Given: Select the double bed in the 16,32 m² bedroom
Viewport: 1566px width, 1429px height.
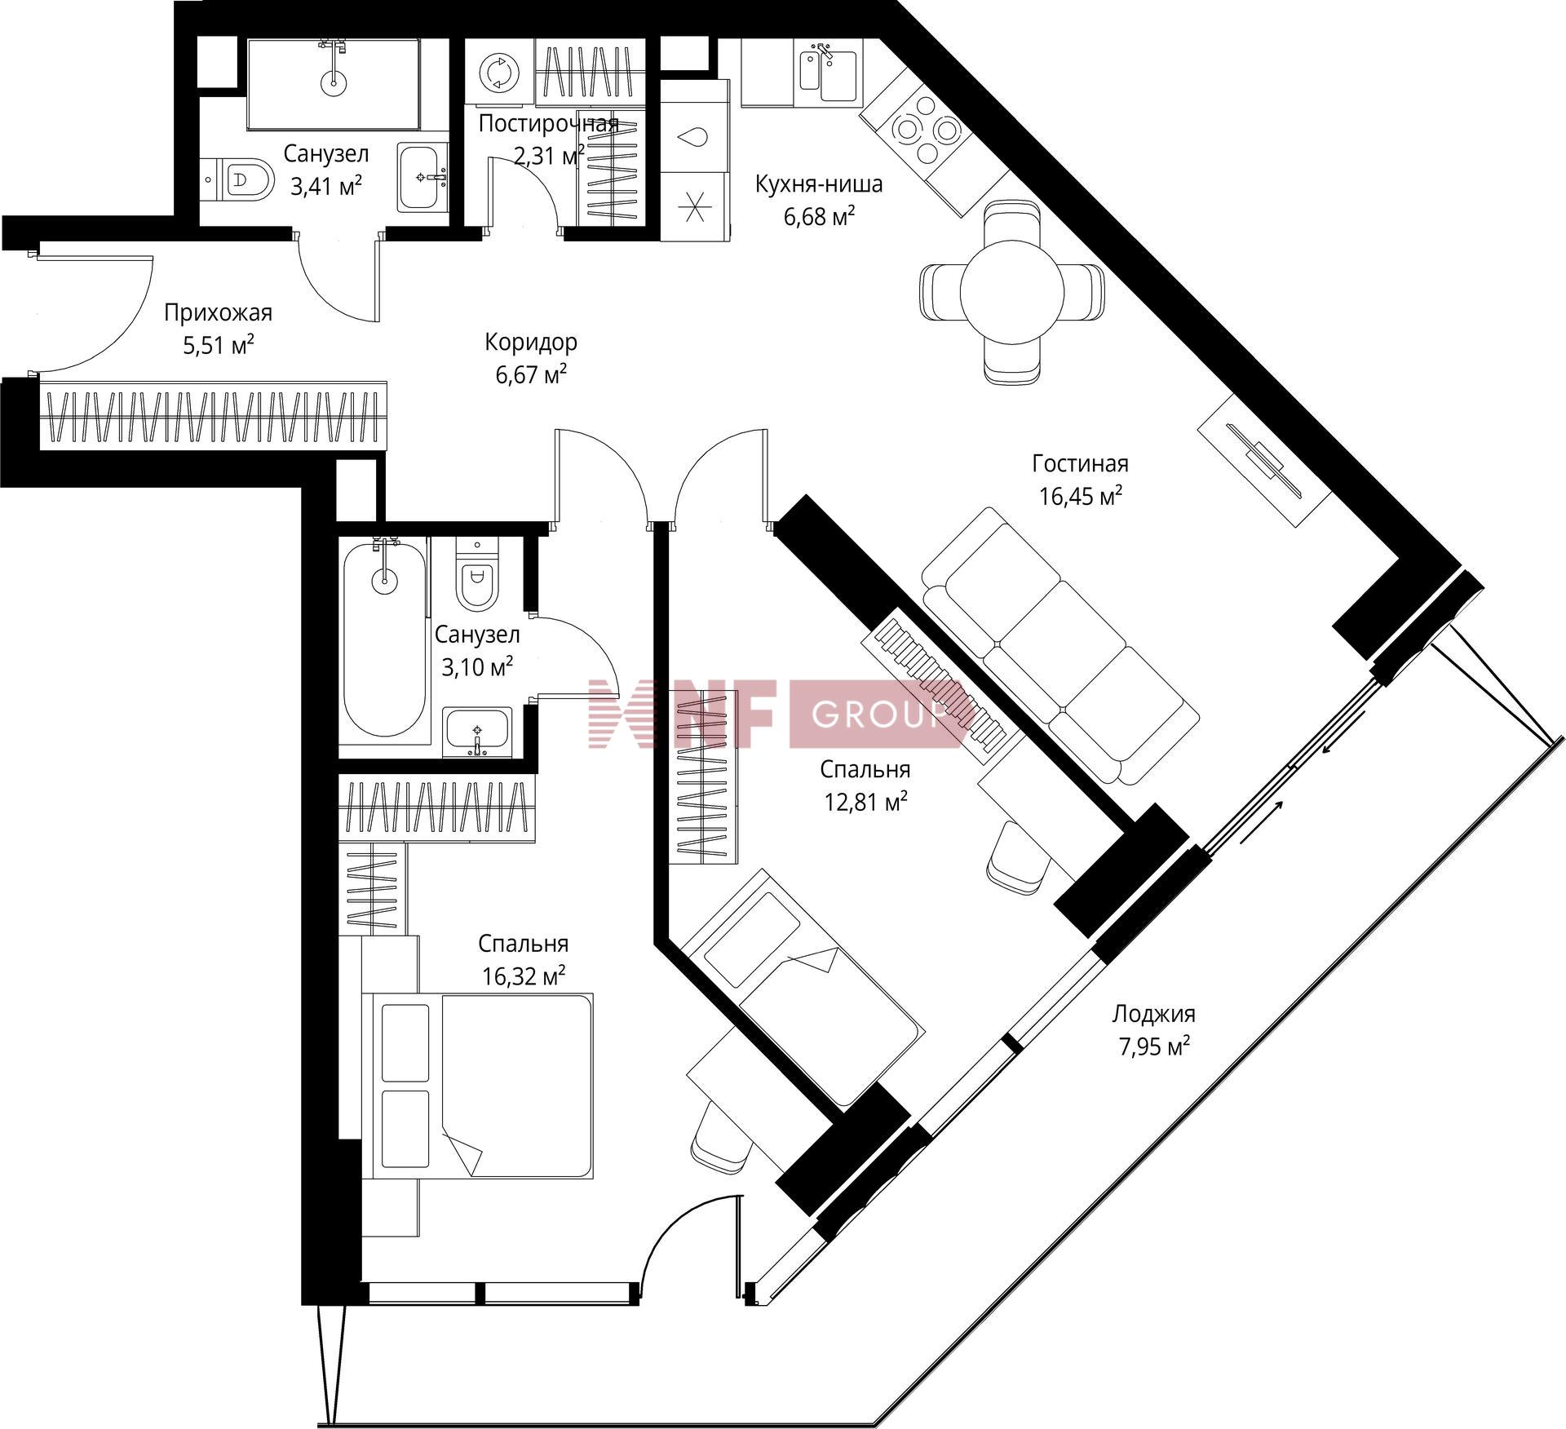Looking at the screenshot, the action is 482,1086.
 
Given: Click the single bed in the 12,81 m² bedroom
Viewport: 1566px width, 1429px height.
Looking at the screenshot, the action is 803,986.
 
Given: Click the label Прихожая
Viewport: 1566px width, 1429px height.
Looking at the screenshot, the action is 218,312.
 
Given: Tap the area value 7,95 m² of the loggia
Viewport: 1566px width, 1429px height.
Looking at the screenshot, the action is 1153,1046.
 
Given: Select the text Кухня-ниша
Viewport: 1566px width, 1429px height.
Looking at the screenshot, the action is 818,184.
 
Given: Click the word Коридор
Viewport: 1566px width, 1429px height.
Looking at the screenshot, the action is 531,342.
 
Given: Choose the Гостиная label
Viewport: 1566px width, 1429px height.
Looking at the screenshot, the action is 1080,463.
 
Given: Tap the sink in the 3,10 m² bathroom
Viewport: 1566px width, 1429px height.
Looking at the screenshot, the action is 477,732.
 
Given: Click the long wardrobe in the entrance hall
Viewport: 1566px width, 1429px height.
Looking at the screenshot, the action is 213,416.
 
